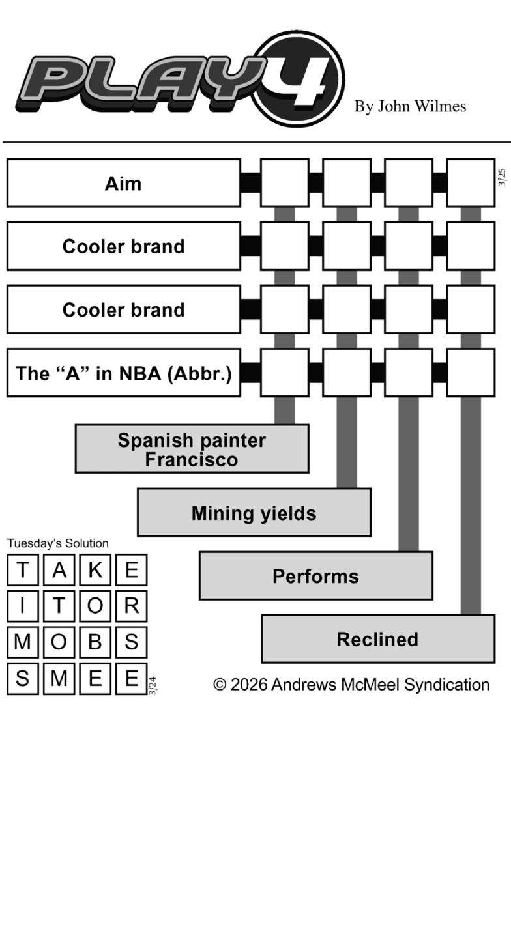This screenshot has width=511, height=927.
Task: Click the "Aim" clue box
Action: coord(123,183)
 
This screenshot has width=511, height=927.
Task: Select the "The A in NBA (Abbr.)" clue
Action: coord(123,373)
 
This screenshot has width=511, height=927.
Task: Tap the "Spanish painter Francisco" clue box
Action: coord(192,449)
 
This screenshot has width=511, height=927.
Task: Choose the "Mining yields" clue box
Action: coord(254,513)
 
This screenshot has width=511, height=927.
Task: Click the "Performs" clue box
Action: coord(315,576)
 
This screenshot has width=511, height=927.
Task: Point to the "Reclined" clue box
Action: coord(377,639)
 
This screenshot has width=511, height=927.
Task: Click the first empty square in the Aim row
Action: coord(284,183)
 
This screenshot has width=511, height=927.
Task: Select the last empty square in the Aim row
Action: coord(470,183)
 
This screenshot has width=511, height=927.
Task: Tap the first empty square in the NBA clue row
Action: coord(284,373)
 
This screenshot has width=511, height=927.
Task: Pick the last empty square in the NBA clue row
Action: coord(470,373)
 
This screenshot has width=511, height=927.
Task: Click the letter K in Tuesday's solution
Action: coord(95,570)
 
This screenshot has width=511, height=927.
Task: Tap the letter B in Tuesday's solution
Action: coord(95,642)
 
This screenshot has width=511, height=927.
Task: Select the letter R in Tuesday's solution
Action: coord(131,606)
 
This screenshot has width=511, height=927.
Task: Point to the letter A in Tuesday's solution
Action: coord(59,570)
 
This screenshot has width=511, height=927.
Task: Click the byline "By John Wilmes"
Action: coord(410,106)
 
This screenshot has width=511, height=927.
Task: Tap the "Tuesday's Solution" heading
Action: coord(58,543)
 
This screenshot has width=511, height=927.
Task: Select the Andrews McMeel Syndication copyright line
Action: coord(351,685)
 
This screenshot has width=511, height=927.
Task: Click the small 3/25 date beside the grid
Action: coord(502,177)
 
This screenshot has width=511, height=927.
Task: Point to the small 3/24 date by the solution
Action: coord(153,686)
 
